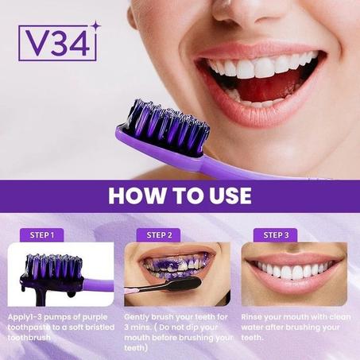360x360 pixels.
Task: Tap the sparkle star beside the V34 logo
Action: pyautogui.click(x=96, y=27)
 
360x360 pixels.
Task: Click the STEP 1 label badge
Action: pyautogui.click(x=42, y=234)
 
